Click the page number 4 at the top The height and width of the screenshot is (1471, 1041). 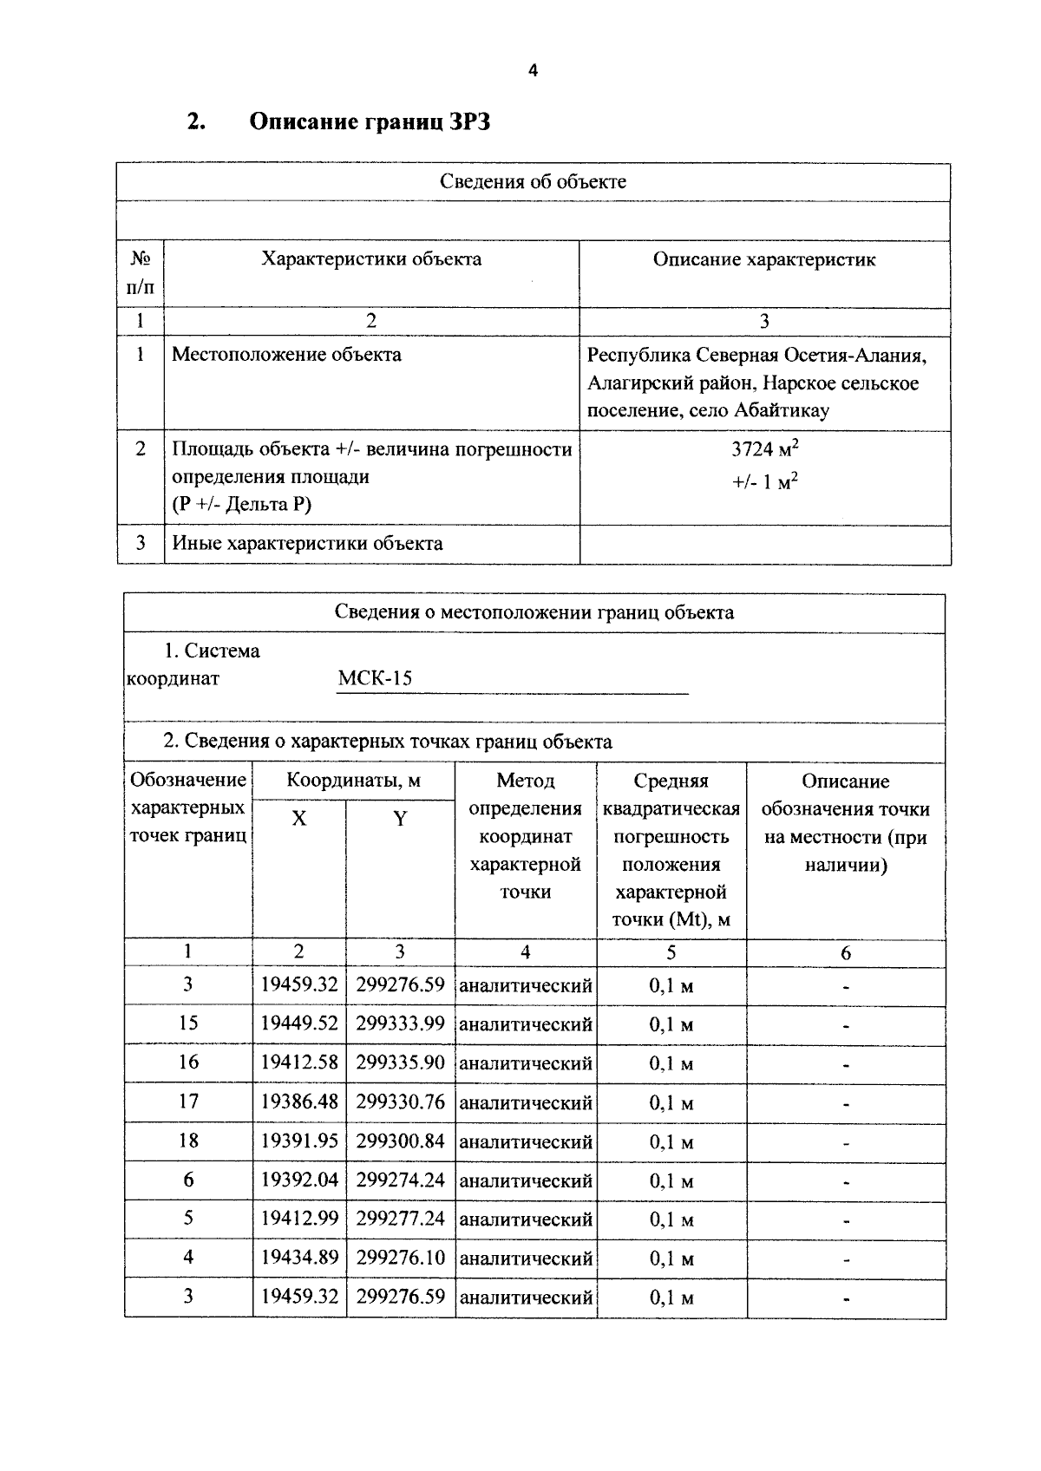pos(533,71)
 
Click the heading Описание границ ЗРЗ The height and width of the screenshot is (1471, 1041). pos(370,121)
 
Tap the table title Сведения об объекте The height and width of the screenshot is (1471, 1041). pos(533,181)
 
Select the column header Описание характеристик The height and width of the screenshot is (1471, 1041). pos(763,259)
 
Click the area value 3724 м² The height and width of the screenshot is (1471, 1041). pos(764,449)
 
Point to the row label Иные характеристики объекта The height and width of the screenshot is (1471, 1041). pos(307,544)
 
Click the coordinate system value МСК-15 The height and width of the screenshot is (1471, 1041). pos(375,678)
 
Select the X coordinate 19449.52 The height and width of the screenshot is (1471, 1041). pos(299,1023)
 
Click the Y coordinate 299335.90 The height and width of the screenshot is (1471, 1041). pos(400,1062)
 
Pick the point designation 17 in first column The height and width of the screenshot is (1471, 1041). pos(188,1102)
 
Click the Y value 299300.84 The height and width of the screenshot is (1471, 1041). pos(400,1141)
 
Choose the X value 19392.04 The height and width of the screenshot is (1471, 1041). pos(299,1180)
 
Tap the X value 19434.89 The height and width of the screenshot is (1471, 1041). pos(299,1258)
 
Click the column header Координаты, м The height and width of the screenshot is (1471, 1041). pos(353,781)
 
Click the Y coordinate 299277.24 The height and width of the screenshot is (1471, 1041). pos(400,1219)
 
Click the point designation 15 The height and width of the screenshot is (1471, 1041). pos(188,1023)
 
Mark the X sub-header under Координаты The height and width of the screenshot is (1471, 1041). pos(298,819)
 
